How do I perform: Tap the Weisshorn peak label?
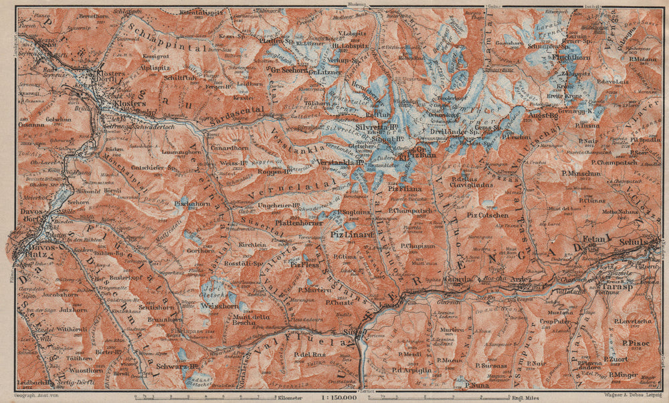point(216,305)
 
